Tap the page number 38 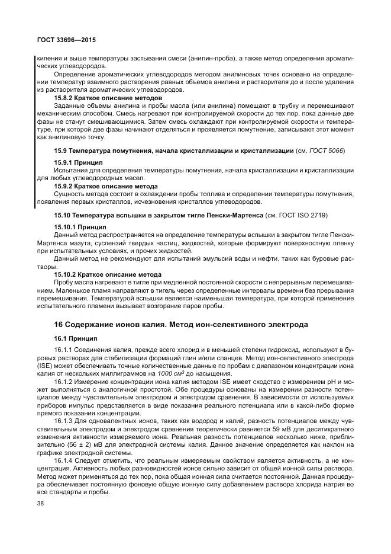(x=41, y=504)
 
